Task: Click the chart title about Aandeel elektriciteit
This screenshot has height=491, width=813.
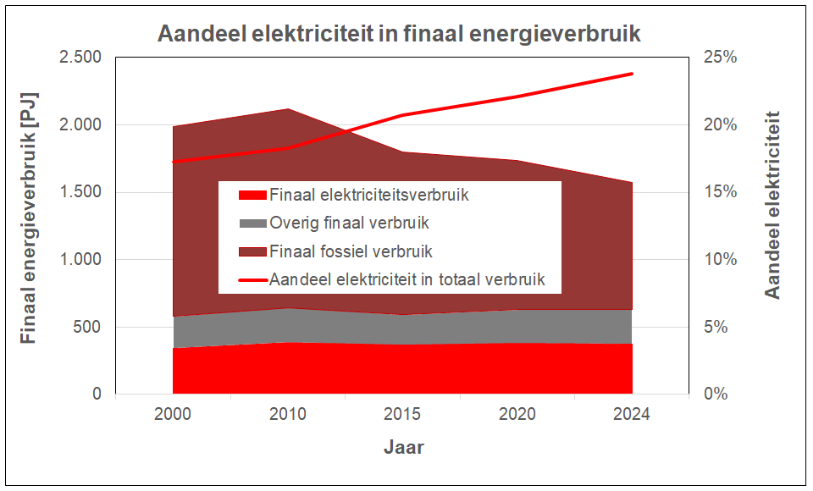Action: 399,34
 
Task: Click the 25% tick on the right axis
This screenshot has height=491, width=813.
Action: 720,58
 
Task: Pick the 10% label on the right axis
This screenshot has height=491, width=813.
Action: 720,260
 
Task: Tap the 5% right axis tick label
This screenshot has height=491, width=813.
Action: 716,328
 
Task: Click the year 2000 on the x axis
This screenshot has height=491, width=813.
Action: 172,415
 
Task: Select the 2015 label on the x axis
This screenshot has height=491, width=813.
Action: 402,415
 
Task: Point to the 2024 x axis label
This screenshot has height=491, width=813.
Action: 632,415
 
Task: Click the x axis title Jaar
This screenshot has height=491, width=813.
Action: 403,447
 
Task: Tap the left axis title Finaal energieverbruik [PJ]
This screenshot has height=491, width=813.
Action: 30,226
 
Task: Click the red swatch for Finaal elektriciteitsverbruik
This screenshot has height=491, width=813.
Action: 252,196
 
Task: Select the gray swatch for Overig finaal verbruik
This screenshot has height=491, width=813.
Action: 252,223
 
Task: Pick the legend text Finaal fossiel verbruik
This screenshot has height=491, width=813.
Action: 351,251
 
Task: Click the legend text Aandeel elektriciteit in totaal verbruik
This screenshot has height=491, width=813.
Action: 406,279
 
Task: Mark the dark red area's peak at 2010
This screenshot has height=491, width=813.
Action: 288,109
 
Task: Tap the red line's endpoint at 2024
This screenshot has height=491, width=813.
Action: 633,74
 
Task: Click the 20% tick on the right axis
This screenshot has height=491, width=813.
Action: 720,125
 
